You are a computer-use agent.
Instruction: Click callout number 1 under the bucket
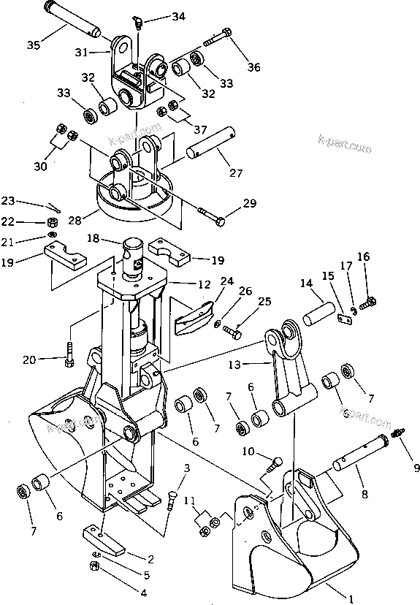pos(351,599)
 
